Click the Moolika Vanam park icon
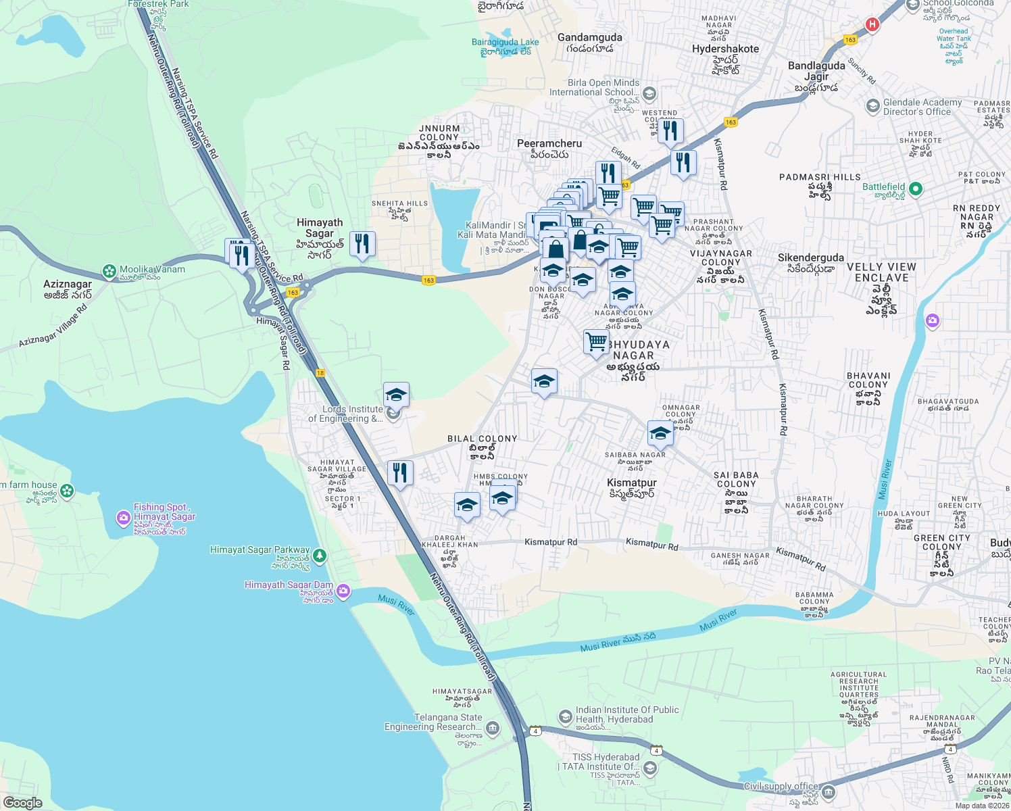[109, 271]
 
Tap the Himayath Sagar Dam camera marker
[343, 591]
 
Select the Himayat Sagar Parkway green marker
[320, 556]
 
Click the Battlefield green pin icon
[916, 189]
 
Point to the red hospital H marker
[872, 24]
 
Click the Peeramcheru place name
[549, 144]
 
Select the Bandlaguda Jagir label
[816, 72]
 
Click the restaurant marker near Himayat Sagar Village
[400, 472]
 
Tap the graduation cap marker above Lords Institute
[396, 394]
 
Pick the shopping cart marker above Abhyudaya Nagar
[596, 341]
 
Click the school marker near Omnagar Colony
[660, 433]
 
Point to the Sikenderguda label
[810, 258]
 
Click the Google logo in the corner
[22, 802]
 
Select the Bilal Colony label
[482, 439]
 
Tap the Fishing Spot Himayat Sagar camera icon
[123, 518]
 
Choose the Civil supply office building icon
[829, 792]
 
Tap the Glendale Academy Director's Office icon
[872, 106]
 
